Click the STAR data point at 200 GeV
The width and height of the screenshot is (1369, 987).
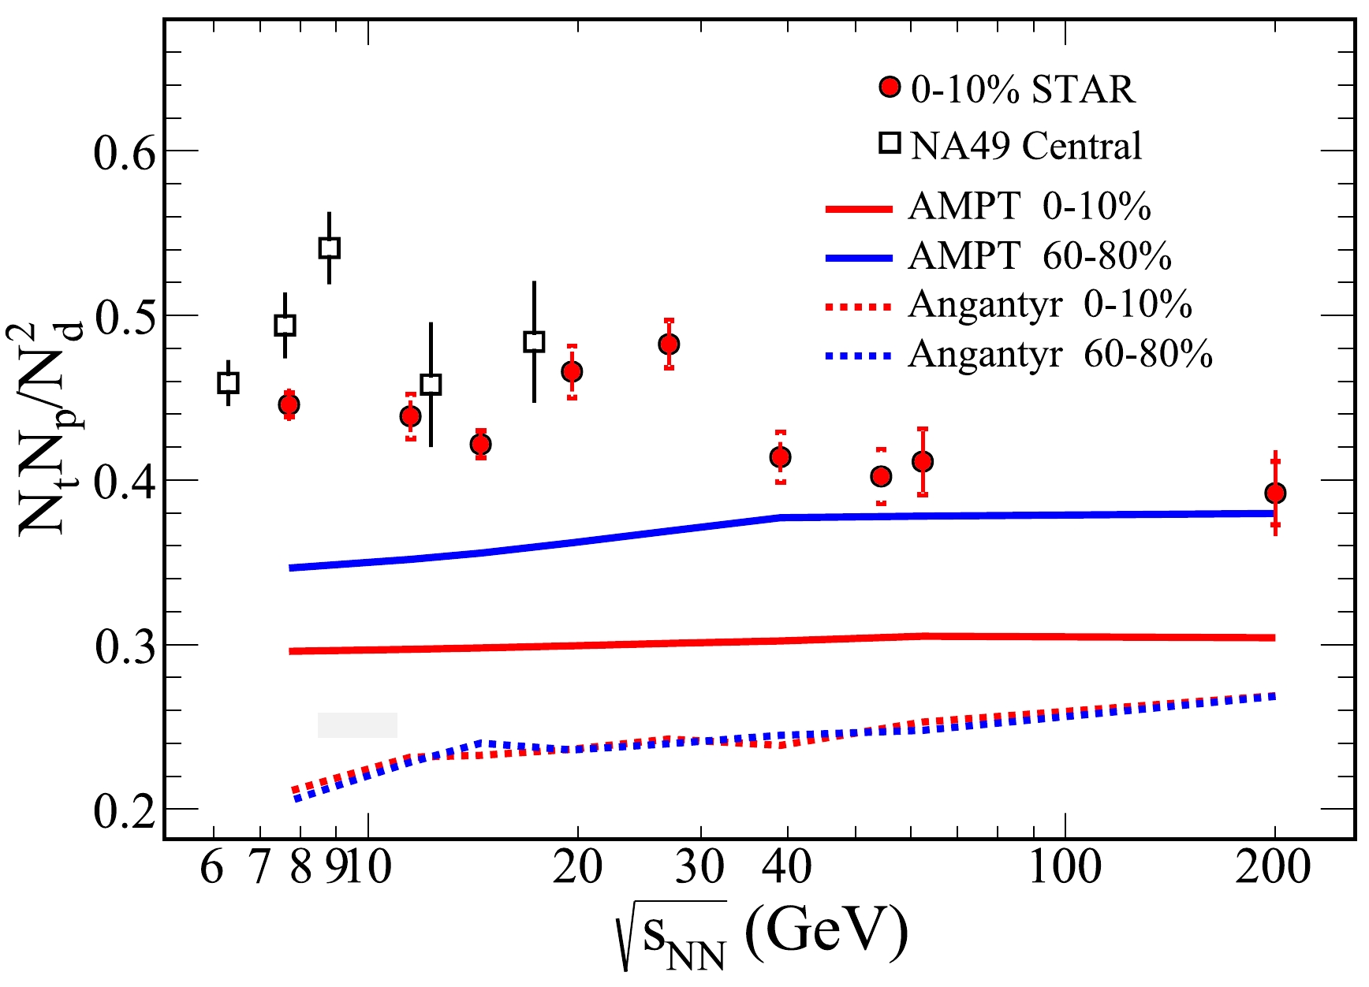click(x=1275, y=494)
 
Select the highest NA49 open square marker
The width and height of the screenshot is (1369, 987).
click(x=329, y=248)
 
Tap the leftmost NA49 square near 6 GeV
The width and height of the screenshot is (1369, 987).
click(x=228, y=383)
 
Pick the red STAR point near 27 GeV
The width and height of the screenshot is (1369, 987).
click(x=669, y=345)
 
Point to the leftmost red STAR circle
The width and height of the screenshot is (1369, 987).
click(x=289, y=404)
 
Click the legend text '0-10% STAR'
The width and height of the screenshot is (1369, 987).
click(x=1023, y=90)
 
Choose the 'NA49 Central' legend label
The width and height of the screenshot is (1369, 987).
click(x=1026, y=147)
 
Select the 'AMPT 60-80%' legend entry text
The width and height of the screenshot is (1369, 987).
click(x=1039, y=256)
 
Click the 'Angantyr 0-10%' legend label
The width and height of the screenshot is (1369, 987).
click(x=1050, y=305)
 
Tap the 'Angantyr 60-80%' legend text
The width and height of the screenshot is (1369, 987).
click(x=1060, y=355)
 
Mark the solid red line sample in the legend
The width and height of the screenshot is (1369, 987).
click(x=859, y=209)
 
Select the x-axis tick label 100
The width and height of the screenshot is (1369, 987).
click(x=1065, y=868)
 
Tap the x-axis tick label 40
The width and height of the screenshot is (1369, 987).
click(x=786, y=868)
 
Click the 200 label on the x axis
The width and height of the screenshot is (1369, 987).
click(x=1273, y=868)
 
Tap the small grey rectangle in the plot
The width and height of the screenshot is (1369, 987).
click(x=357, y=725)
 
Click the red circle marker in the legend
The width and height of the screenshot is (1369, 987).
click(x=890, y=87)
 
